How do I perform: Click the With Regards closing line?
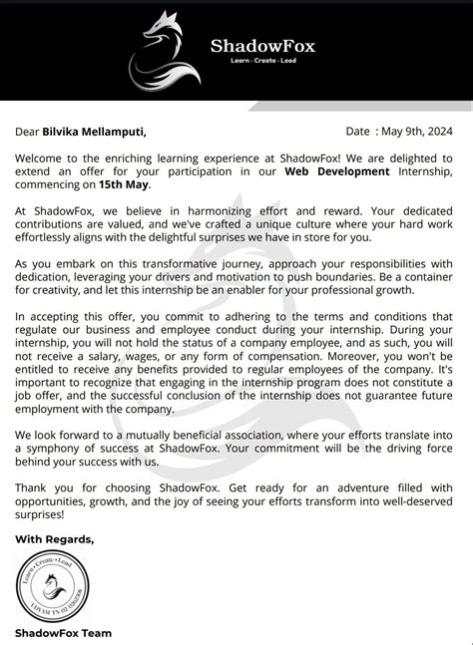click(55, 538)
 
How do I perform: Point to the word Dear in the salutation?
click(28, 131)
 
